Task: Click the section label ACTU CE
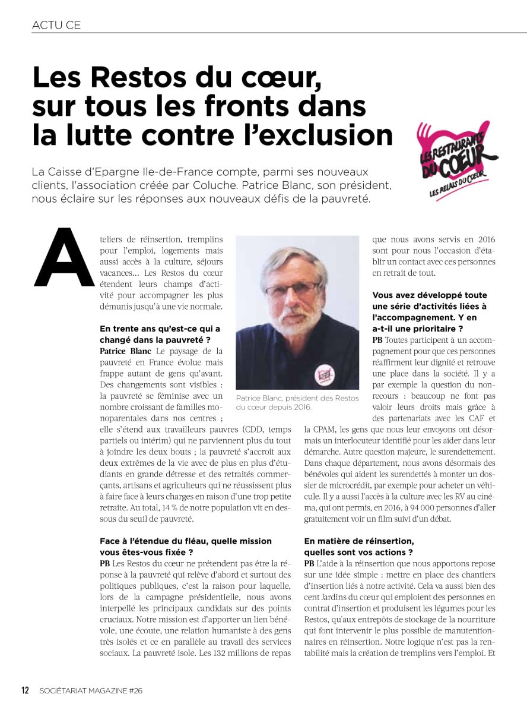pyautogui.click(x=56, y=25)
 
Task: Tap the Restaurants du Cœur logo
pyautogui.click(x=456, y=159)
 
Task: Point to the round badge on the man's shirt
pyautogui.click(x=325, y=374)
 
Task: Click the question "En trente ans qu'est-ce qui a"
pyautogui.click(x=160, y=329)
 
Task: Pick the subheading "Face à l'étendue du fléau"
pyautogui.click(x=185, y=541)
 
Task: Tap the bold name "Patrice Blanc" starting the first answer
pyautogui.click(x=121, y=351)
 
